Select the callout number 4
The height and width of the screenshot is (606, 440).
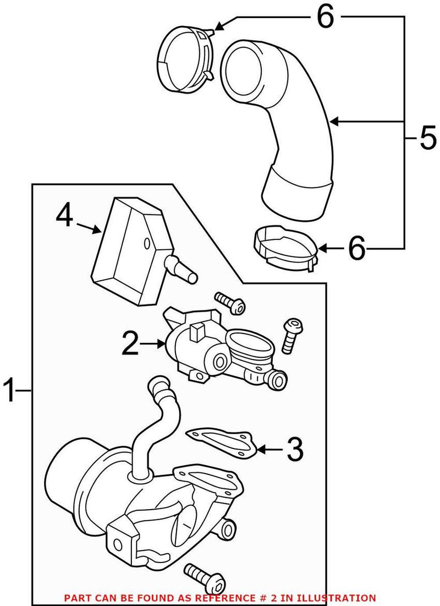click(64, 216)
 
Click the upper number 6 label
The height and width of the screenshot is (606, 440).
click(324, 18)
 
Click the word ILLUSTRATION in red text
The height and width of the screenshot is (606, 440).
click(343, 597)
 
